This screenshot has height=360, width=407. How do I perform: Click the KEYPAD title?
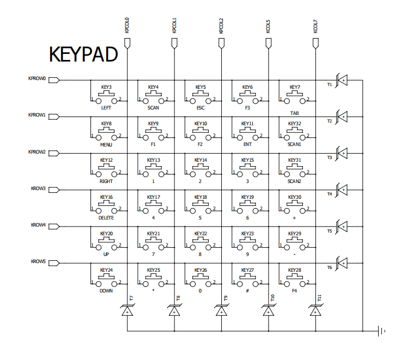pos(84,54)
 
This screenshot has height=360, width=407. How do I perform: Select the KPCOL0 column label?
pos(127,26)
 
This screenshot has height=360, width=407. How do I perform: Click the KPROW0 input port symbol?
pos(54,80)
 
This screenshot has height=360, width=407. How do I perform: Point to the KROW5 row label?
pos(38,261)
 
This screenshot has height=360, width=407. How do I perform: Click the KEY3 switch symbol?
pos(106,99)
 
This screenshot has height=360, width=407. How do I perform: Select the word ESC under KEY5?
pos(200,108)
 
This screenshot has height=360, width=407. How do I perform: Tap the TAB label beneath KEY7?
pos(294,113)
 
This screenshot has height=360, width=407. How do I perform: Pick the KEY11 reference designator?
pos(247,124)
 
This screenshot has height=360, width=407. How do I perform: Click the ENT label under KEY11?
pos(247,144)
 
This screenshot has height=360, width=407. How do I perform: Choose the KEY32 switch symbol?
pos(294,135)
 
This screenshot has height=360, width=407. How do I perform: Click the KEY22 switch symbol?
pos(200,245)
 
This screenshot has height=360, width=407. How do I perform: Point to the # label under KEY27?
pos(247,291)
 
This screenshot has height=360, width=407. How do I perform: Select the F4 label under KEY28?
pos(294,291)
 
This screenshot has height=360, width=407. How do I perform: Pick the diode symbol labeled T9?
pos(221,311)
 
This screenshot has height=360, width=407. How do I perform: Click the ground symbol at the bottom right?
pos(382,331)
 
